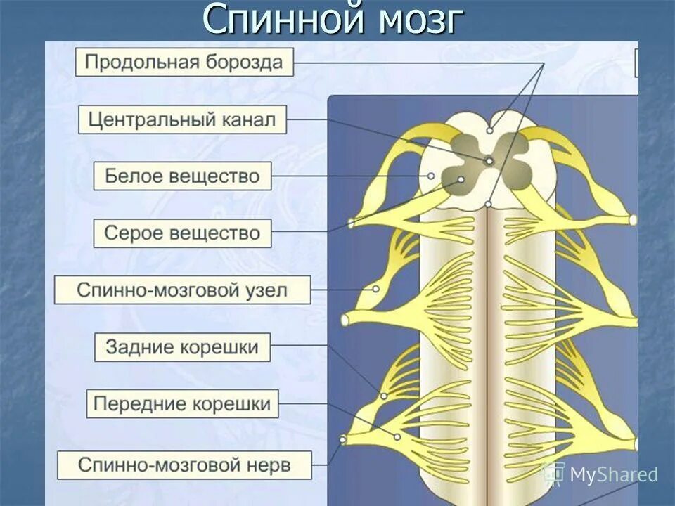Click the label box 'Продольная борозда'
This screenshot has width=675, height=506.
pos(184,63)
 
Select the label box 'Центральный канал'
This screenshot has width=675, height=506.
pos(182,119)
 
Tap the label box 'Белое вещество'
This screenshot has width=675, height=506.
pos(182,176)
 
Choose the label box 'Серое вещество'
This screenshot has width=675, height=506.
pos(182,233)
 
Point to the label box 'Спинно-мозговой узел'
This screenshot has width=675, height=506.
pos(182,290)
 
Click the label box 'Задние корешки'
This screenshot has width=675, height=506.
pos(182,346)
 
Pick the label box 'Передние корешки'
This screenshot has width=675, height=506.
pos(182,404)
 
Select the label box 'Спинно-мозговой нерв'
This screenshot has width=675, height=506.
pos(184,464)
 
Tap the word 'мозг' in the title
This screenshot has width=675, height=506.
pos(420,20)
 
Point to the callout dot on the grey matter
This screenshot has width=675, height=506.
pos(461,180)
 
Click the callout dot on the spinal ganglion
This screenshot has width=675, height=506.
pos(376,289)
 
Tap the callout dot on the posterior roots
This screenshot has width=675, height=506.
pos(384,396)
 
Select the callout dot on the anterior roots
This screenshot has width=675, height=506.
pos(397,437)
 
